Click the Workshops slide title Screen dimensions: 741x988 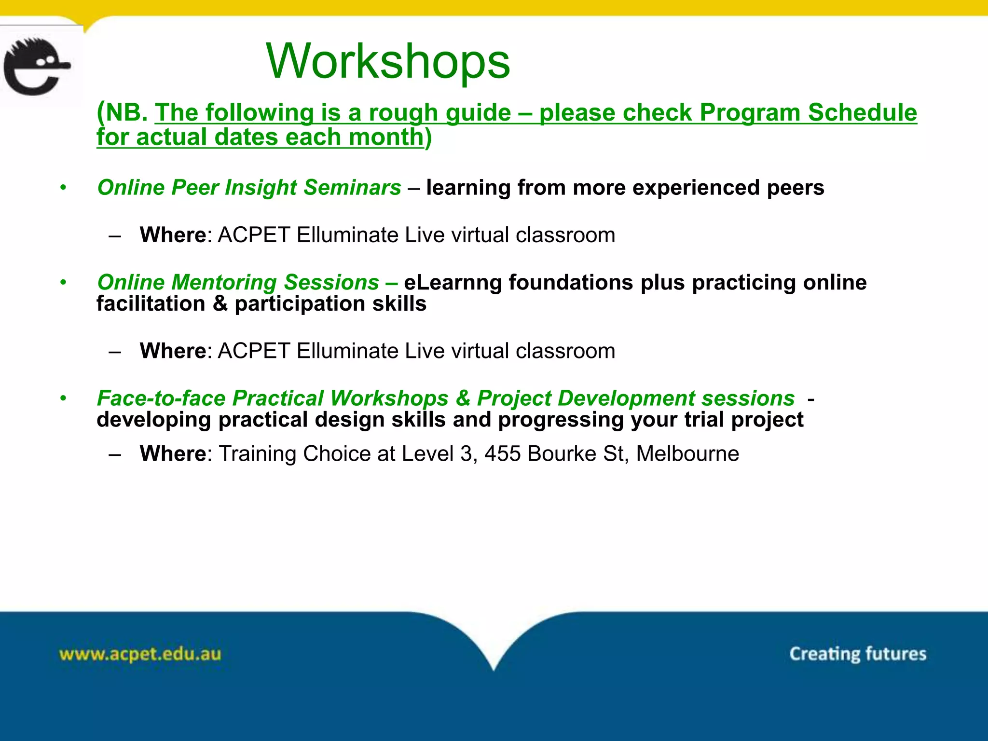388,61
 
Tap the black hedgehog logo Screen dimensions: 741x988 37,66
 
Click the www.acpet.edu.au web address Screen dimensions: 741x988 140,654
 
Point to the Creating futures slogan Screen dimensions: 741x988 858,654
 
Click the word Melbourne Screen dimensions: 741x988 687,453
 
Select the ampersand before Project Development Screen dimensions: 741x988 463,398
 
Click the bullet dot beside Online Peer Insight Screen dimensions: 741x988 63,187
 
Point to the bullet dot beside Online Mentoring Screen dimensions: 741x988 63,282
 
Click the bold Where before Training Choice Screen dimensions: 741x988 173,453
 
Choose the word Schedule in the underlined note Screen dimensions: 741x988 862,112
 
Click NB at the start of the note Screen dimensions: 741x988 126,112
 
